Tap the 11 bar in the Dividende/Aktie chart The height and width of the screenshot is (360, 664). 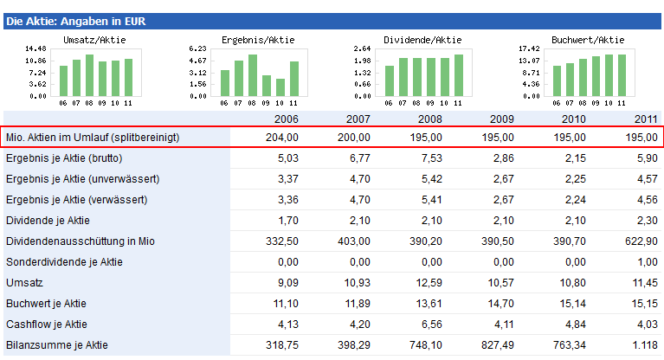[x=459, y=75]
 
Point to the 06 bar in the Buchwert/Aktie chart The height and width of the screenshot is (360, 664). [x=557, y=80]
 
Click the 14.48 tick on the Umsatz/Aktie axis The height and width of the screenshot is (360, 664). [x=35, y=48]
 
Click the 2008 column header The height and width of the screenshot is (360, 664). [x=429, y=119]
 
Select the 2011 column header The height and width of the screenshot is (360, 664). [x=645, y=119]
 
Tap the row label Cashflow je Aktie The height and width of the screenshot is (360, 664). [x=46, y=325]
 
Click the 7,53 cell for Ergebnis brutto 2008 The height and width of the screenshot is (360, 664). [x=430, y=158]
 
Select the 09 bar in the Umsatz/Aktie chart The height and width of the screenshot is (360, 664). [x=102, y=79]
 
